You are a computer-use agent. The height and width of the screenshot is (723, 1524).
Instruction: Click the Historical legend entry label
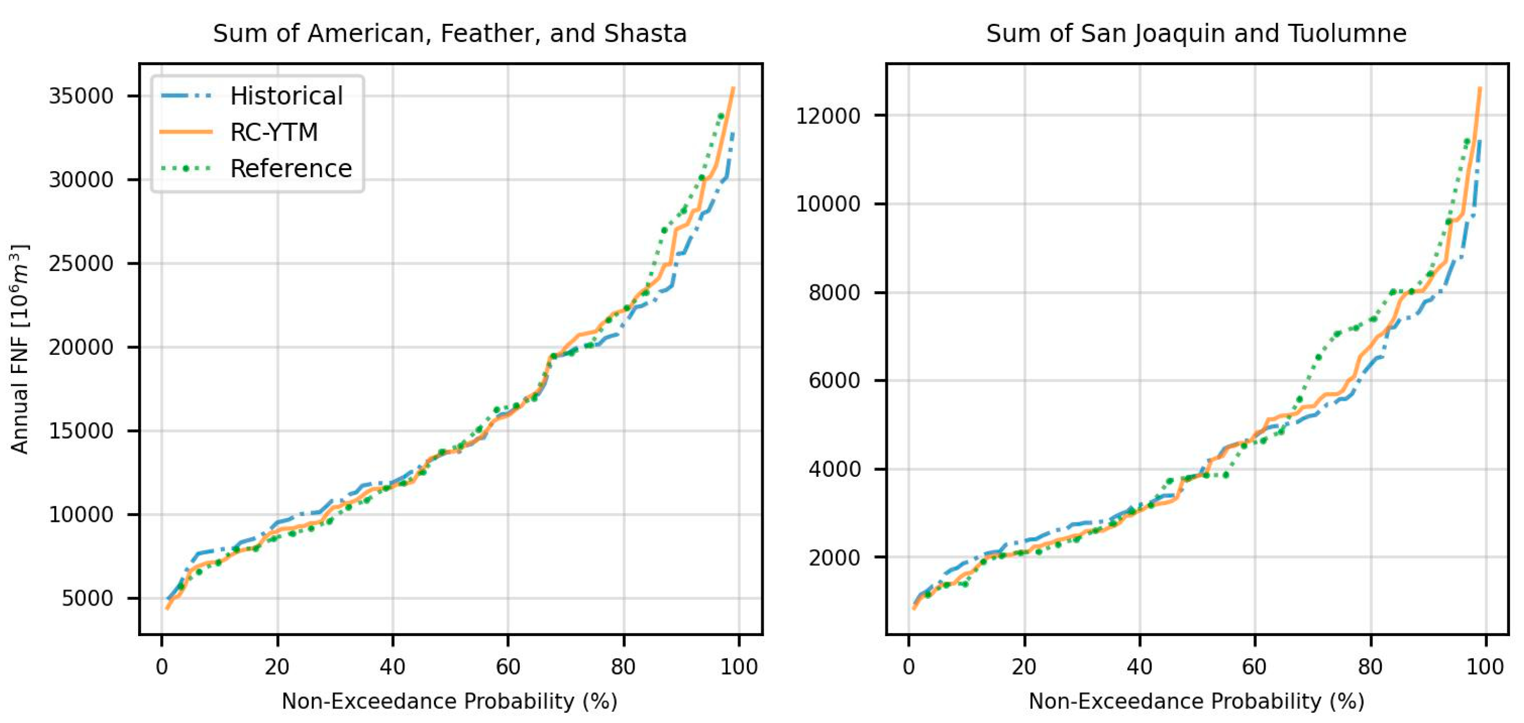[x=286, y=96]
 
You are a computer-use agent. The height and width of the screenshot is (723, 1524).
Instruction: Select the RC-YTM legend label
[x=274, y=132]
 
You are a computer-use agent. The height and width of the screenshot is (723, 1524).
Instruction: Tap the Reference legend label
[x=291, y=169]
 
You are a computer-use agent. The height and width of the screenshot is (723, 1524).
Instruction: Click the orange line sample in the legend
[x=186, y=132]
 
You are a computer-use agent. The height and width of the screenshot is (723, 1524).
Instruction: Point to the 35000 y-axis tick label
[x=81, y=96]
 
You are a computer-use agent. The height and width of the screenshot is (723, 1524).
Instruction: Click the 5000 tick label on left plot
[x=87, y=598]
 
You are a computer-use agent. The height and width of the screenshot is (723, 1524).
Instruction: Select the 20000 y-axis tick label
[x=81, y=348]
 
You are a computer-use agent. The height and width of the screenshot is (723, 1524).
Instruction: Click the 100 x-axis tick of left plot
[x=739, y=667]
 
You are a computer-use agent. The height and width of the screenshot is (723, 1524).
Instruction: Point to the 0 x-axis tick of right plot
[x=909, y=667]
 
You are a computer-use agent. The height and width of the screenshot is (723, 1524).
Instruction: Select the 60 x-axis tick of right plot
[x=1254, y=667]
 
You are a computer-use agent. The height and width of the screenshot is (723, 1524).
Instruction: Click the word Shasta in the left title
[x=645, y=34]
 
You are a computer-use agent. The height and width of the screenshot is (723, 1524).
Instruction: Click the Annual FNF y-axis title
[x=20, y=349]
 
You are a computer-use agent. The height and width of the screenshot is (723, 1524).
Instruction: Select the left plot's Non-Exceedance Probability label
[x=449, y=701]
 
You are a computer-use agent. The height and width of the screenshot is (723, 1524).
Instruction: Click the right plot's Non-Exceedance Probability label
[x=1196, y=701]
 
